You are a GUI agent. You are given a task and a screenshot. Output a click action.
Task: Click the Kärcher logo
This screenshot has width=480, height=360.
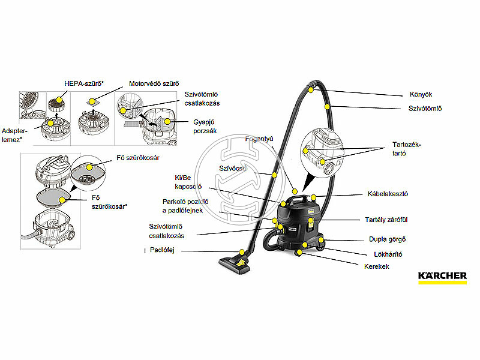[x=442, y=277]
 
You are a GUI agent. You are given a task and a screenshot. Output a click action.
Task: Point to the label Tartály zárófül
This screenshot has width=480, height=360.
[x=386, y=220]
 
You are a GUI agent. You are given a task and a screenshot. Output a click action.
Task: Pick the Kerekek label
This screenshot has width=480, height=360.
[x=377, y=266]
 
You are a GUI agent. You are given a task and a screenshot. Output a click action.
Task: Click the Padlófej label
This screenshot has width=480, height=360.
[x=161, y=250]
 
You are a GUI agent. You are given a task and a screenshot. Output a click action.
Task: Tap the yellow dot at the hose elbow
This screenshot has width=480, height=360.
[x=311, y=89]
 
